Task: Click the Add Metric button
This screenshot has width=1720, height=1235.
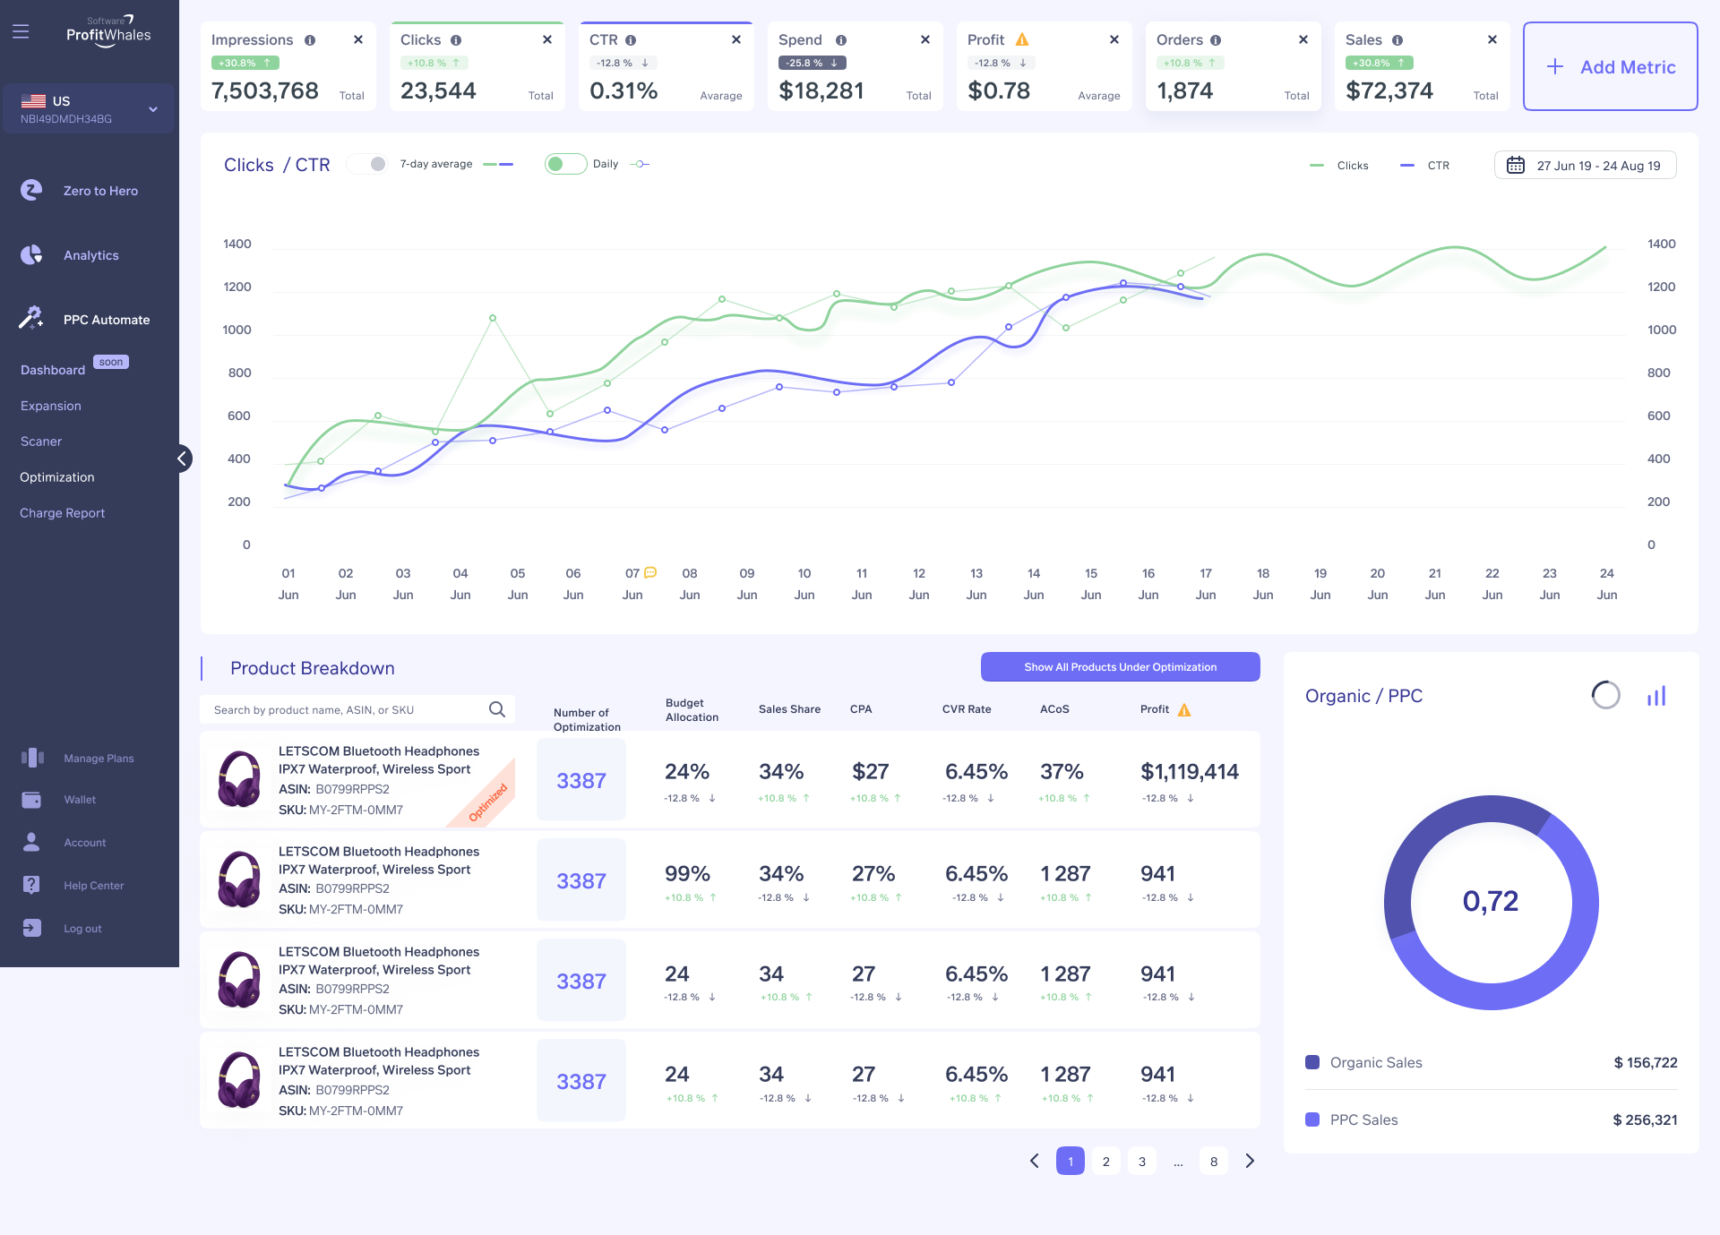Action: (1611, 67)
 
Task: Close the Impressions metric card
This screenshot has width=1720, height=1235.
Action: (358, 39)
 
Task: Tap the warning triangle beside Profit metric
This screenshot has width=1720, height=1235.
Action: (1022, 40)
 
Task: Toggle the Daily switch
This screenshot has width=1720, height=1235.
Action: (565, 164)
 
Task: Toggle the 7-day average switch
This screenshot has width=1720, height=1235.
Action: (367, 164)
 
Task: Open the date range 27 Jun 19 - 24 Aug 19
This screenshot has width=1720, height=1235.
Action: (1586, 166)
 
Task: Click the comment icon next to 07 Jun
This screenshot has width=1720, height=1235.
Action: (651, 572)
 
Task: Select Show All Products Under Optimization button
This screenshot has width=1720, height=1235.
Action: (1120, 667)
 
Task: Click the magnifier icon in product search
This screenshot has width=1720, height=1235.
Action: (497, 710)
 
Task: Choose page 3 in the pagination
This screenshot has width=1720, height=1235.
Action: (1142, 1162)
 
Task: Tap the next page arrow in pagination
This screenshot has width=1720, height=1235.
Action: (1250, 1162)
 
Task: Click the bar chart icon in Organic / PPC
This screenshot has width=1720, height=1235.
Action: (1656, 696)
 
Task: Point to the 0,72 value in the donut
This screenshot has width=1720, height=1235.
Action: (1491, 901)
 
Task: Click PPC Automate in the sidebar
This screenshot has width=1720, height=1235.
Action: (106, 320)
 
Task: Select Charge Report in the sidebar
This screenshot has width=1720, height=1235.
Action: (63, 513)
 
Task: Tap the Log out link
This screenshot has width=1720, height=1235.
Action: (82, 929)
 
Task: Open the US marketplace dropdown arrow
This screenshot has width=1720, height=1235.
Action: (153, 109)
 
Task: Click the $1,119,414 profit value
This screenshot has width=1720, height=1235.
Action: (1189, 772)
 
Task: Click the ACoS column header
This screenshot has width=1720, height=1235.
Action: (1054, 709)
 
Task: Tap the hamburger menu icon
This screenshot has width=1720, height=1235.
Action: (21, 32)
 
